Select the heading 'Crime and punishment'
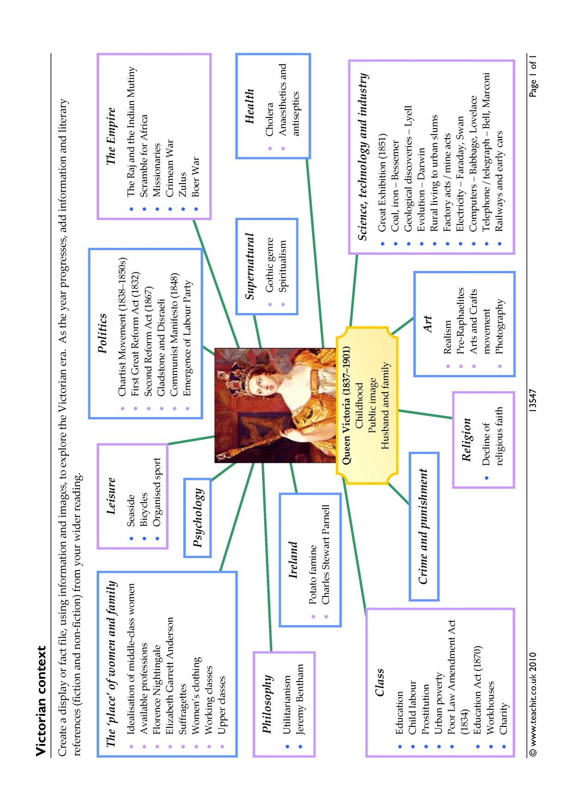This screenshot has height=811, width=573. point(423,527)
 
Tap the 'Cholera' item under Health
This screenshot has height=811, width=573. point(270,123)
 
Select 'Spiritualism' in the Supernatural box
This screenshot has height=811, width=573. point(283,267)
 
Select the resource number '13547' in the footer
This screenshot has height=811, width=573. point(533,401)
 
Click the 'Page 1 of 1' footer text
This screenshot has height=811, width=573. point(533,77)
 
